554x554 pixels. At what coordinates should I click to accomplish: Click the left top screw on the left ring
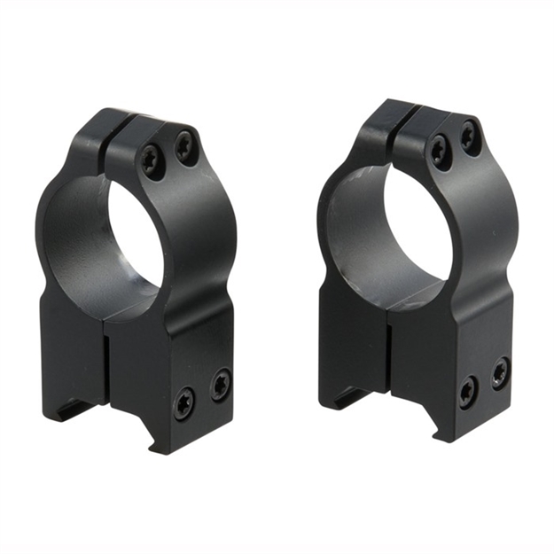152,160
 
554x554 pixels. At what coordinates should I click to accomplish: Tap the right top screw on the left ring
185,144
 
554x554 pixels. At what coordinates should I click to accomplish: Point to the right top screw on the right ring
471,137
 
